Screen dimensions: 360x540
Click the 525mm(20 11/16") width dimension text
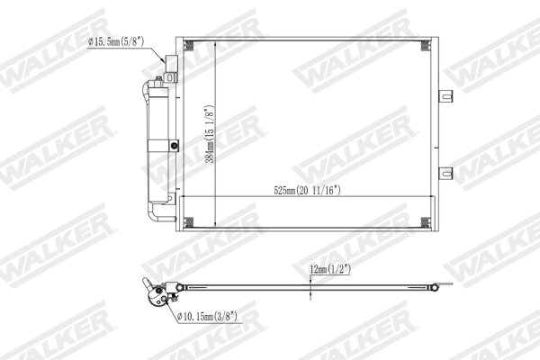pos(310,190)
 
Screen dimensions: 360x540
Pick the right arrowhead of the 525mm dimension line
pos(430,197)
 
